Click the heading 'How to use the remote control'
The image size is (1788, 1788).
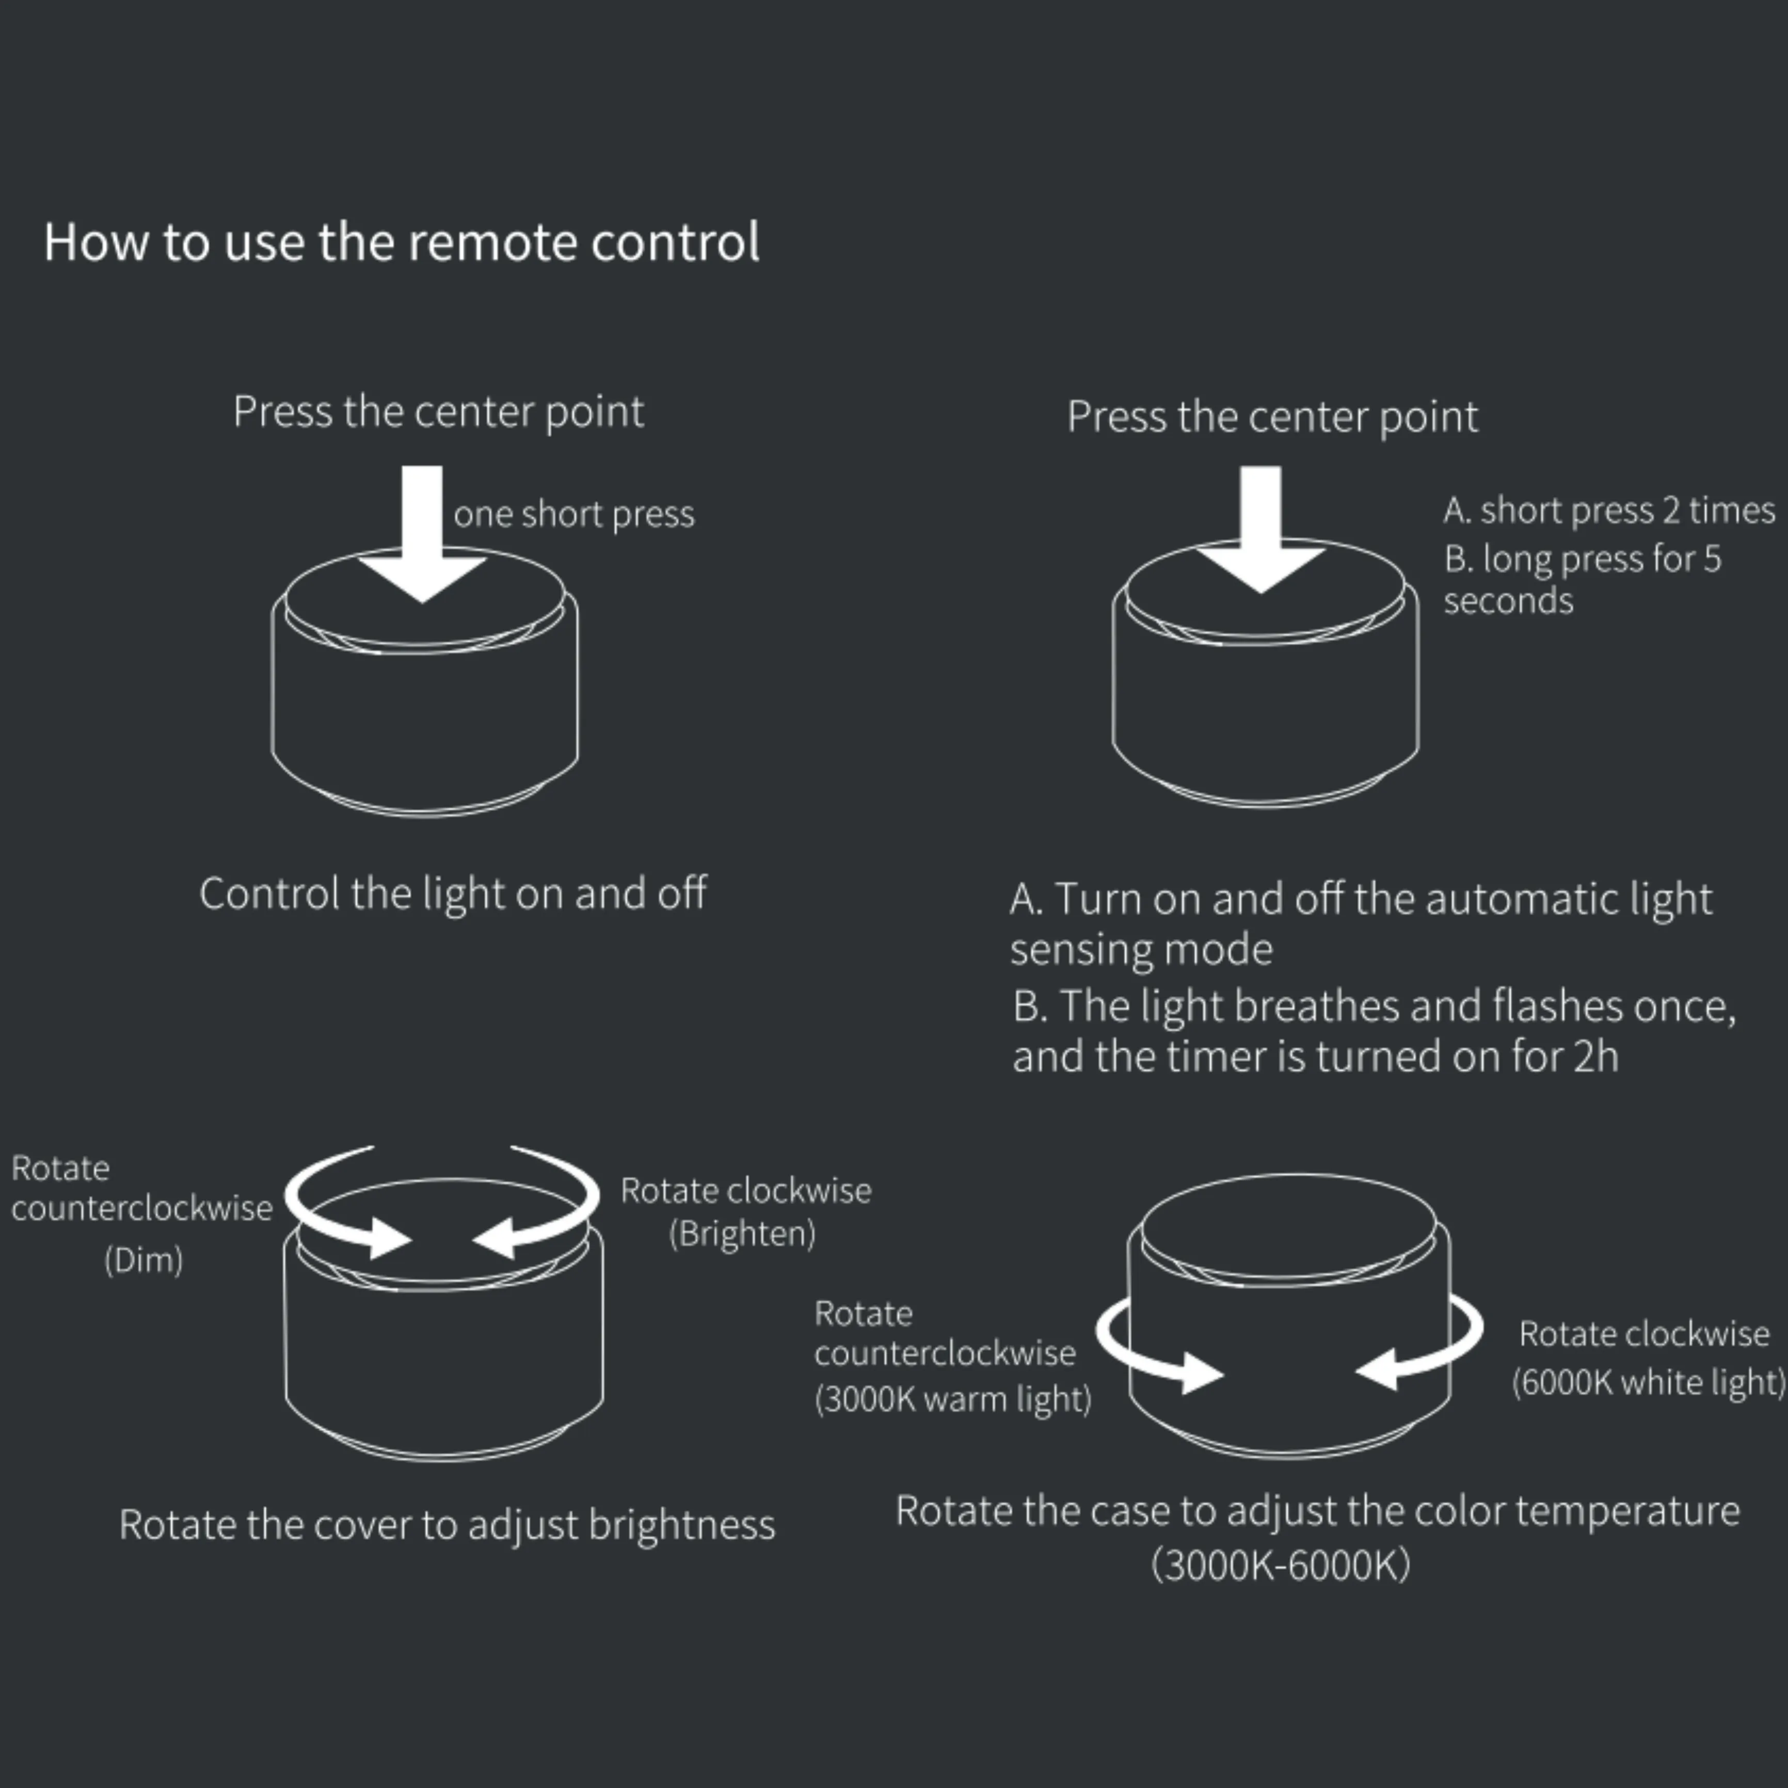[402, 243]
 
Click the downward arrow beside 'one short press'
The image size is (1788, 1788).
[422, 534]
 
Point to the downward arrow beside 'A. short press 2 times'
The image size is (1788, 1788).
[1260, 530]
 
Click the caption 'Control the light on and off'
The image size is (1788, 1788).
[453, 894]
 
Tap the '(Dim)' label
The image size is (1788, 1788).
[143, 1259]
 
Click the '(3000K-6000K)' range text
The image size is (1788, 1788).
[1281, 1565]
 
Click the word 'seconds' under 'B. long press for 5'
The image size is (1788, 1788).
[1509, 601]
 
